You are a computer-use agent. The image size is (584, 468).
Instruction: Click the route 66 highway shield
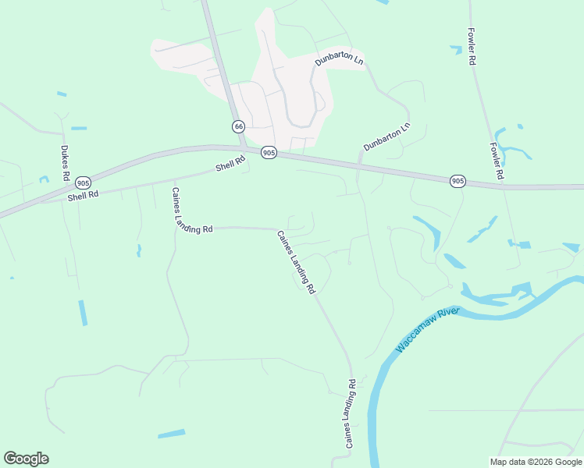[238, 126]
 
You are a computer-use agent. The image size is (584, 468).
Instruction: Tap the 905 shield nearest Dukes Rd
[83, 182]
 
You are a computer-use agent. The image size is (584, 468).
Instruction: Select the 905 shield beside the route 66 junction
[269, 153]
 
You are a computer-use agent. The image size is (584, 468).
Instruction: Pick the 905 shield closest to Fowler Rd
[458, 181]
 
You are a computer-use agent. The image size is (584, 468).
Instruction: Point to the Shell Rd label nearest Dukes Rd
[83, 196]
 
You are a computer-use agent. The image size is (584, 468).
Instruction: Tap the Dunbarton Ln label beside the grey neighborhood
[340, 58]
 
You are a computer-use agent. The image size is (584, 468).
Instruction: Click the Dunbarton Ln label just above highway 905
[386, 136]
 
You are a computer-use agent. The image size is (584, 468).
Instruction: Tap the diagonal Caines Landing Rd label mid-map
[297, 261]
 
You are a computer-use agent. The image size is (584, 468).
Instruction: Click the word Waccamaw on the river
[415, 333]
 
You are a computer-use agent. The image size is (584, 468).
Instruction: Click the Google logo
[26, 459]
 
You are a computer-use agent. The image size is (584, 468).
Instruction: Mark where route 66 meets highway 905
[244, 147]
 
